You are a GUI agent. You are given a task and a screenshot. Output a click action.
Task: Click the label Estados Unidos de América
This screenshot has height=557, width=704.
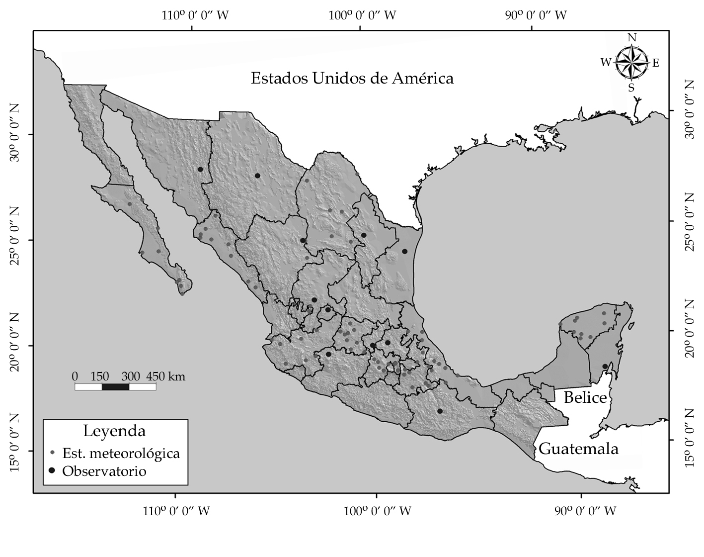pos(352,79)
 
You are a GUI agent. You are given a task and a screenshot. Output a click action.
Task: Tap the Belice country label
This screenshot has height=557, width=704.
pos(585,397)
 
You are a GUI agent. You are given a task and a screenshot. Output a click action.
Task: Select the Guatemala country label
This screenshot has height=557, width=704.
pos(578,449)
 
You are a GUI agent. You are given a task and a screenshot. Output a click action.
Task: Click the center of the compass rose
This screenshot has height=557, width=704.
pos(631,63)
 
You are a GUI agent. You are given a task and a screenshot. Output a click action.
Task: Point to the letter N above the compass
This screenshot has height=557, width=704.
pos(632,38)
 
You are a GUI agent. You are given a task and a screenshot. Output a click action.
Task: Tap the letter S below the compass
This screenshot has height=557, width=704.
pos(631,88)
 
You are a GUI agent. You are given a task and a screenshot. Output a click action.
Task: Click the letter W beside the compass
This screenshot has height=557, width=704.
pos(606,62)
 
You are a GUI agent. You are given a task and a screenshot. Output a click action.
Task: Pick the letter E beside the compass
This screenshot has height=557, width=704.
pos(655,63)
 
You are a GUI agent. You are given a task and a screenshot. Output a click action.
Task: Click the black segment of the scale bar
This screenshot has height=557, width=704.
pos(115,387)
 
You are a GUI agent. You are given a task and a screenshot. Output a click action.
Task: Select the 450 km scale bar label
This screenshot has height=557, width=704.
pos(165,376)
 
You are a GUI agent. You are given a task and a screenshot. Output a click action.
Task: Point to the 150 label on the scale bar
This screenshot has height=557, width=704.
pos(100,376)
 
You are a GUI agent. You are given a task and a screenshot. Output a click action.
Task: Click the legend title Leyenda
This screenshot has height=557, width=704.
pos(114,430)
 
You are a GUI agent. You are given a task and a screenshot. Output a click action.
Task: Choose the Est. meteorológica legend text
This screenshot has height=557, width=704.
pos(121,454)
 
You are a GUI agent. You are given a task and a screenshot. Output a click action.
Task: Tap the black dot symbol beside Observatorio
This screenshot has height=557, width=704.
pos(52,470)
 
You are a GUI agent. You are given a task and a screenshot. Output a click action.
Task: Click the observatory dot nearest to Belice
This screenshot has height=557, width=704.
pos(605,367)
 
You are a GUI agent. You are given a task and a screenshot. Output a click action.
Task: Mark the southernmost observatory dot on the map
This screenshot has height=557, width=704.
pos(440,411)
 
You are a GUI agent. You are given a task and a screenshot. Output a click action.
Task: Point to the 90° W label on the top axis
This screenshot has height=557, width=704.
pos(536,15)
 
